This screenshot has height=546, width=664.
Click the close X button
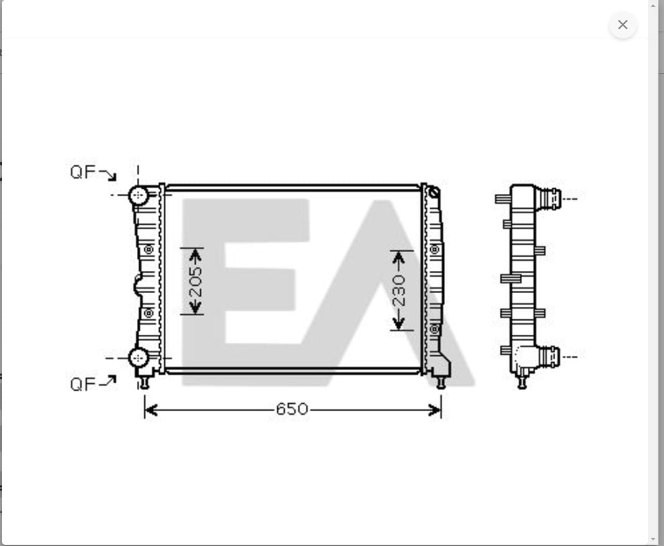click(622, 25)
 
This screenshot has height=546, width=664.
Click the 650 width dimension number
click(292, 409)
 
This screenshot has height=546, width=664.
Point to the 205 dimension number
click(195, 281)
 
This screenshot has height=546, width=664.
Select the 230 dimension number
click(399, 290)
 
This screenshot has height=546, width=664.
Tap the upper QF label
click(83, 172)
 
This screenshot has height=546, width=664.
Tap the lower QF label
click(83, 384)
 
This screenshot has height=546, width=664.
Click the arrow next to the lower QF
click(108, 381)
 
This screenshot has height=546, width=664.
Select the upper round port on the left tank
click(138, 195)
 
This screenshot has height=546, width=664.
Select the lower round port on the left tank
click(138, 358)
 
